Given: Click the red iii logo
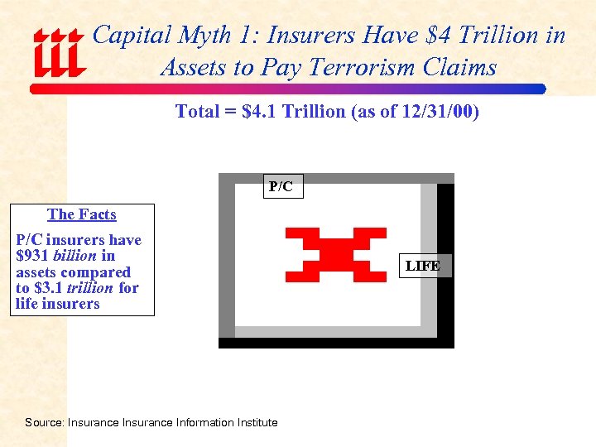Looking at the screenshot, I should tap(58, 53).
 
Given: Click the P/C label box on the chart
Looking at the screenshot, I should tap(281, 187).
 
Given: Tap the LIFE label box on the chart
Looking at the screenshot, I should tap(422, 266).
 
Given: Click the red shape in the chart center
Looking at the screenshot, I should tap(335, 253).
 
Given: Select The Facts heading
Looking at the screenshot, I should tap(82, 214).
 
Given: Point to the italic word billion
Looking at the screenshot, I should tap(74, 256).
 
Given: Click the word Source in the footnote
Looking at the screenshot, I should tap(43, 422).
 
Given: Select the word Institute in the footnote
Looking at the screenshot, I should tap(257, 422).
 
